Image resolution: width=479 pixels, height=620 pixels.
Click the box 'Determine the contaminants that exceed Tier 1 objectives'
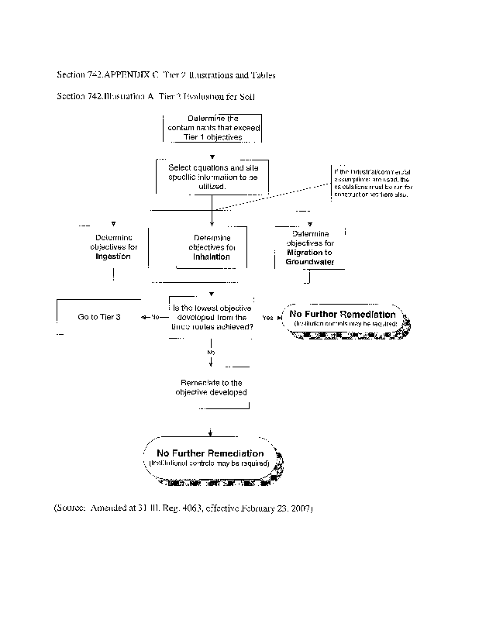click(x=212, y=128)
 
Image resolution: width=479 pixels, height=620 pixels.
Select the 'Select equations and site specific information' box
click(x=212, y=177)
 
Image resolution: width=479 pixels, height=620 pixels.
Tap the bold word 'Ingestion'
click(x=112, y=256)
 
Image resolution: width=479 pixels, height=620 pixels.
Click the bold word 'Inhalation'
click(x=212, y=257)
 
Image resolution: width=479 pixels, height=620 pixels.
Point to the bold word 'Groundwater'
click(x=309, y=262)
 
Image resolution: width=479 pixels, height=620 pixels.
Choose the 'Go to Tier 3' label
click(x=98, y=317)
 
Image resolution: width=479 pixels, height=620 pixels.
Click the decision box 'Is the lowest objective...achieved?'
click(x=212, y=317)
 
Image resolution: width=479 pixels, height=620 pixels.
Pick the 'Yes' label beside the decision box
click(x=267, y=318)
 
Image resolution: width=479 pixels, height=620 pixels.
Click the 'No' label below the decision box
click(x=210, y=352)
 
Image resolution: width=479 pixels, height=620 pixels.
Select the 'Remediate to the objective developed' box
click(x=212, y=387)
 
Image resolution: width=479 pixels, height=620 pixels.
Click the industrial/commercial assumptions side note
click(x=373, y=182)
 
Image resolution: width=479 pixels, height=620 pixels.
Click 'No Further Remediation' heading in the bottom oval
click(x=210, y=453)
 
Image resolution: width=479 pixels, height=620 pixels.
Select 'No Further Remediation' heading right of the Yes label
click(x=342, y=315)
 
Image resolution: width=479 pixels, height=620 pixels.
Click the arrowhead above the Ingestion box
click(x=113, y=223)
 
